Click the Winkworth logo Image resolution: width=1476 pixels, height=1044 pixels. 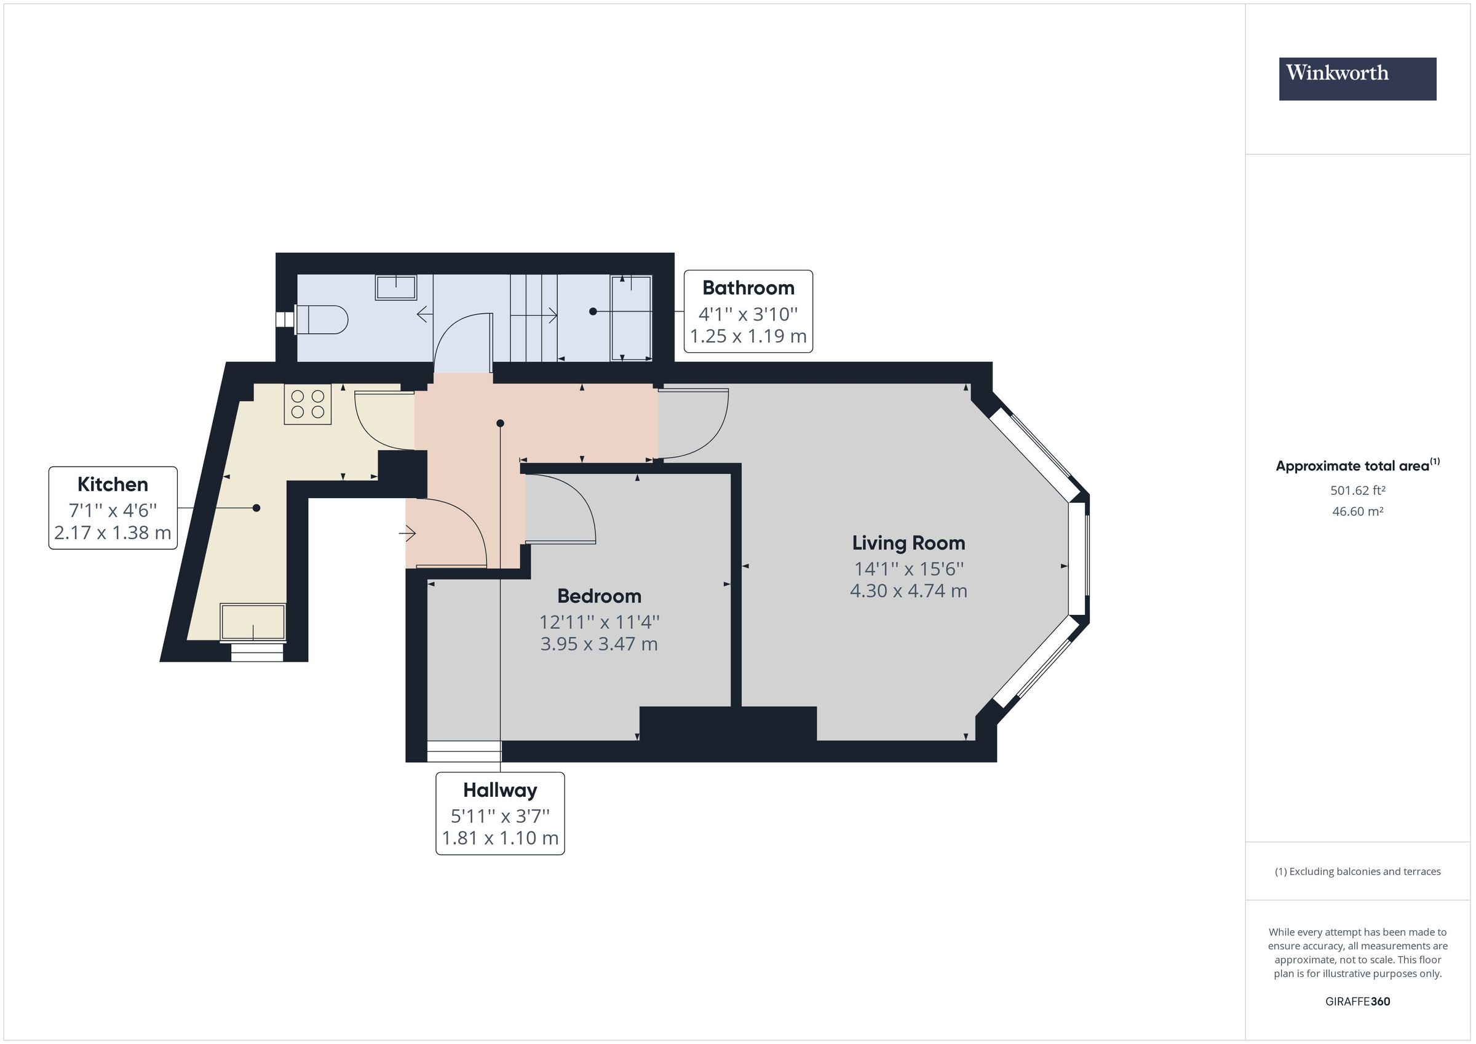(1357, 79)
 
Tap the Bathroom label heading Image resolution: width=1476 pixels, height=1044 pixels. (748, 287)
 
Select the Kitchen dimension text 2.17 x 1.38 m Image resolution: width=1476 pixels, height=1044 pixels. (113, 532)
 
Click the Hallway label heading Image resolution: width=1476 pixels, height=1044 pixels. (499, 789)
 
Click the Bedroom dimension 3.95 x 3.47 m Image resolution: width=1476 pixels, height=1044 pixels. (598, 644)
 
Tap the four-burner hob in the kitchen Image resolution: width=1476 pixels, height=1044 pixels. (308, 404)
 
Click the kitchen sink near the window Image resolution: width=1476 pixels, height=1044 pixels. (253, 622)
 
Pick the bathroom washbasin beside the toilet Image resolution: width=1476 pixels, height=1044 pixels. (396, 287)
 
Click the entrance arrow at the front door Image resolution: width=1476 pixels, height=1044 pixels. (408, 533)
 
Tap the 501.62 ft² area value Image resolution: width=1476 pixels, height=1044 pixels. (1357, 490)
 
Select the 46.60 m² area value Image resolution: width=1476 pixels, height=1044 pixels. (1357, 511)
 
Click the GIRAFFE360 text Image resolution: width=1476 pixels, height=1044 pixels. (1357, 1001)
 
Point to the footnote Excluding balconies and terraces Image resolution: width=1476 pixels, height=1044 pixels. (1357, 871)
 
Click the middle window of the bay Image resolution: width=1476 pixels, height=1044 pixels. (1078, 558)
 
